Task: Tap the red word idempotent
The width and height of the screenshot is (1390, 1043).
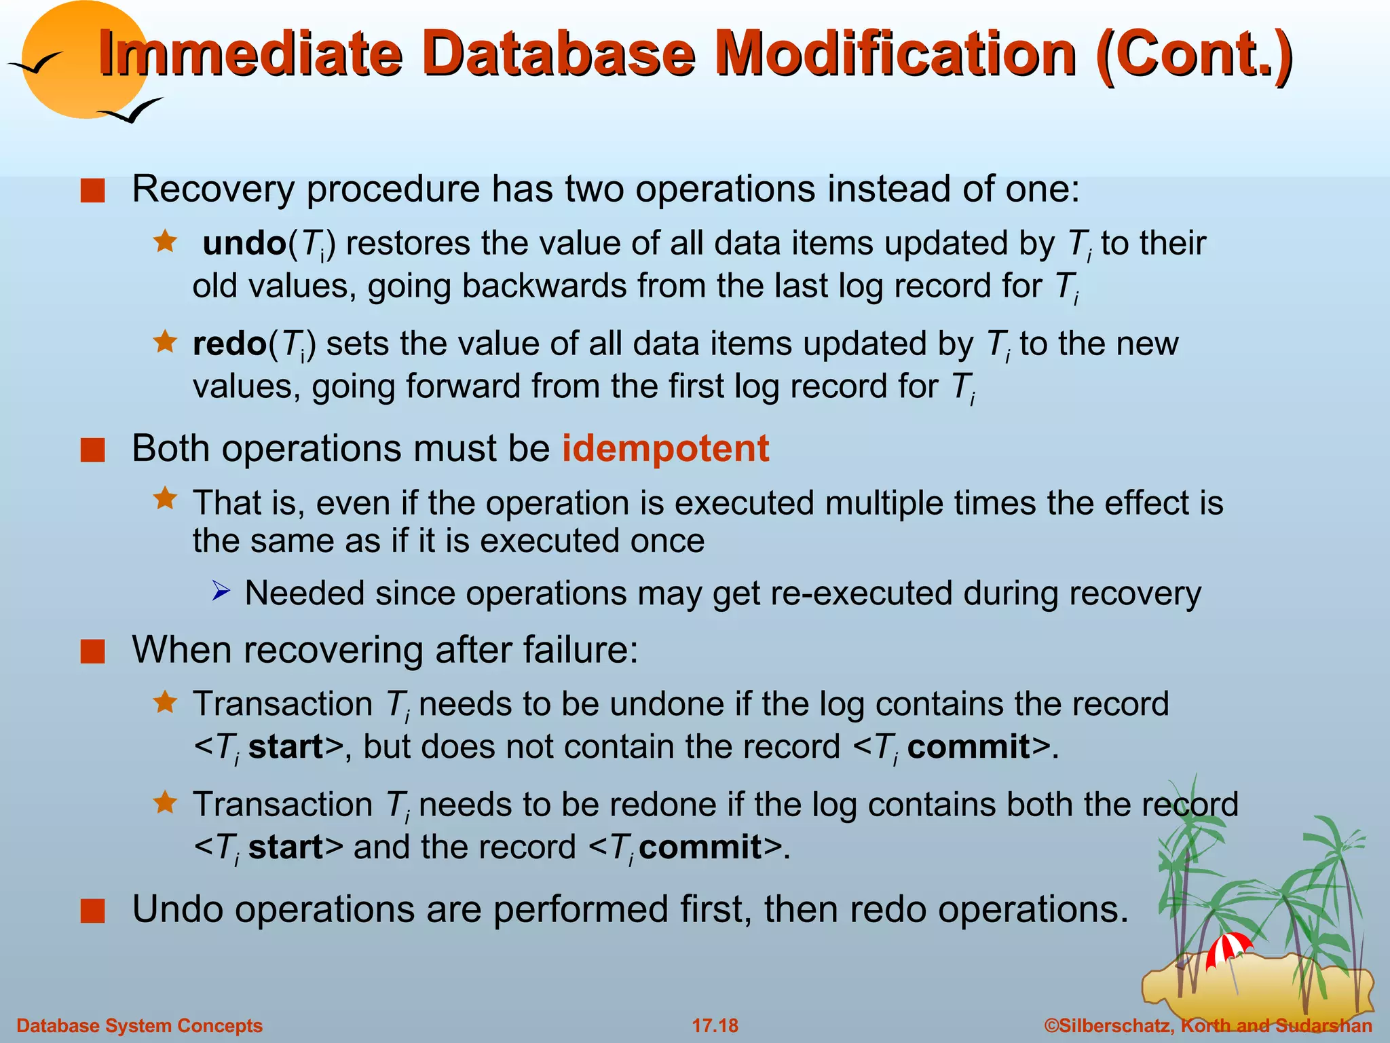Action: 665,449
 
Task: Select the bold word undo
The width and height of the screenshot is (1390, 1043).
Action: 244,243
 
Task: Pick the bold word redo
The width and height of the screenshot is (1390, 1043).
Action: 229,344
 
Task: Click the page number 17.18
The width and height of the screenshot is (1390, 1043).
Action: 715,1025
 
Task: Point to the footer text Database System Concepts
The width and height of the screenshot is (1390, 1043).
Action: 139,1025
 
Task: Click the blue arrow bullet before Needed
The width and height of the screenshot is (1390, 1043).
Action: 221,591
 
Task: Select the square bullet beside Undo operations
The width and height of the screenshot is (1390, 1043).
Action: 92,911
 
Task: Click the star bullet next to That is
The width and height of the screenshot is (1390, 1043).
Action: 165,499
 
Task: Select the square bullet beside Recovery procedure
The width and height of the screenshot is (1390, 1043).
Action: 92,191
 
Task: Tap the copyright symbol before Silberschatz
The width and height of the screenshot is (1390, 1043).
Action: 1051,1025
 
